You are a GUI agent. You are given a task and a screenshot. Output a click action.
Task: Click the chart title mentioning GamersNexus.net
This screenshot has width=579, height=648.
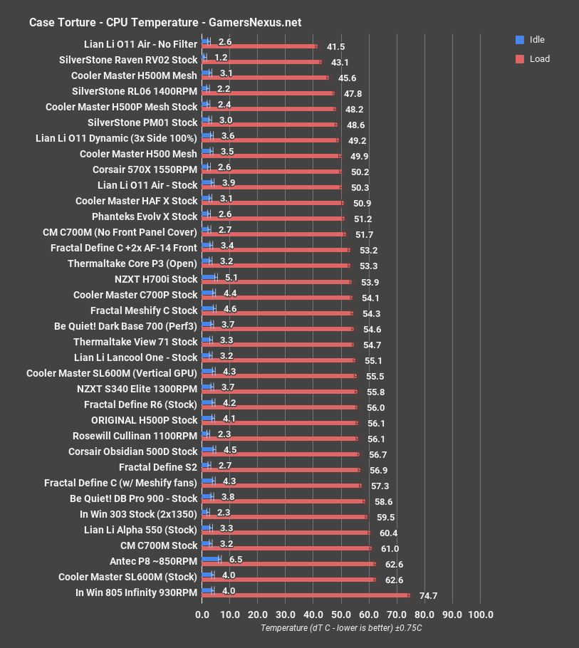165,22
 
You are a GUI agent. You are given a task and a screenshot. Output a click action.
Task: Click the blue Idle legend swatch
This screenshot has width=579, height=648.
519,40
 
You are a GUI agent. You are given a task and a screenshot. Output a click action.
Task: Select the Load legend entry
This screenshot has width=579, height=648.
539,59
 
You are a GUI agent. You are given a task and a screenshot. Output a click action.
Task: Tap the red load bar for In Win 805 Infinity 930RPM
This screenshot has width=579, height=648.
306,595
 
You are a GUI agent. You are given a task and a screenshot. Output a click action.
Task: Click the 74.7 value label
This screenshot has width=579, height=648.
428,595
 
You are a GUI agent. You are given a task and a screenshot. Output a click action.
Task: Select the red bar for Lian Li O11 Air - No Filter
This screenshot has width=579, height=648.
260,47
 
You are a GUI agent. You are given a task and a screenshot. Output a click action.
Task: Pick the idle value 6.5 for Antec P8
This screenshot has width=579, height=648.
236,560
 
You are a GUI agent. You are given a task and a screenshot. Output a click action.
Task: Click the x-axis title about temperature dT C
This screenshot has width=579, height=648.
341,628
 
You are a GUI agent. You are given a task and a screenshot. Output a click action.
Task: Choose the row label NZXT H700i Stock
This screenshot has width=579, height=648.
155,279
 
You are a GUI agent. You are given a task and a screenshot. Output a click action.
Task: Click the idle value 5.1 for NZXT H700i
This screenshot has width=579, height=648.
231,278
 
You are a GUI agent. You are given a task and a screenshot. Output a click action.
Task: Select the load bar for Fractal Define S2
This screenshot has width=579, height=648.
281,470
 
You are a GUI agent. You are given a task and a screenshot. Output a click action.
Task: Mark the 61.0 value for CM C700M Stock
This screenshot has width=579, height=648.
390,548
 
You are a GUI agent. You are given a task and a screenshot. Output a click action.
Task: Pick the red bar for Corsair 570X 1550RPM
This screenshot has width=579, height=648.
272,172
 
